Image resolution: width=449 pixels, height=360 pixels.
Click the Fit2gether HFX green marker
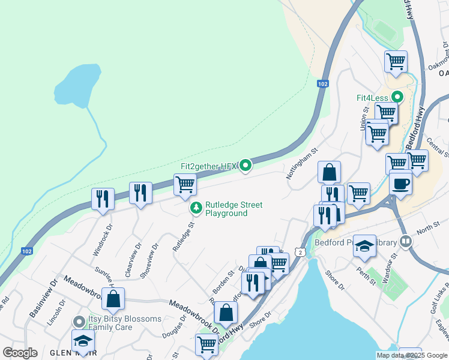(x=245, y=166)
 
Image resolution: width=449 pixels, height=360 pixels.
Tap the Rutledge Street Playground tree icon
(x=196, y=208)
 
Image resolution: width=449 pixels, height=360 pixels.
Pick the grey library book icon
(x=406, y=241)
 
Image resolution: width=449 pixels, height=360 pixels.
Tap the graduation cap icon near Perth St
(x=364, y=247)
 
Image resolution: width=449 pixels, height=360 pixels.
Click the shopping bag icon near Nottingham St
(x=329, y=173)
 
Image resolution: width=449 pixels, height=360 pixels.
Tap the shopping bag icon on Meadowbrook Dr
(x=113, y=299)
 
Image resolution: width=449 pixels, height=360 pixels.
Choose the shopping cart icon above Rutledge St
(x=185, y=185)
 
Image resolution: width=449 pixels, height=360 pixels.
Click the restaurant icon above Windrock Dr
(x=103, y=199)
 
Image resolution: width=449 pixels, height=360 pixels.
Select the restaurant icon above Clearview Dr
(x=140, y=193)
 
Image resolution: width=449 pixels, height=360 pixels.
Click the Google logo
(x=20, y=353)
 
